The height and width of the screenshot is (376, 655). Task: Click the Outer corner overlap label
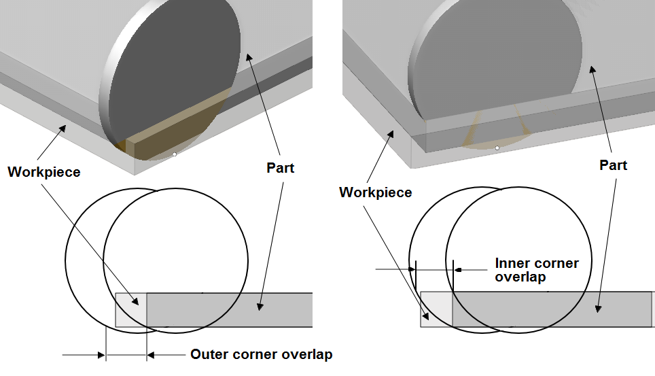261,354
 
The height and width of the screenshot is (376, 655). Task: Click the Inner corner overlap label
537,270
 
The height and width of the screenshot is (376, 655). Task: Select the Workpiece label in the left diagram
43,172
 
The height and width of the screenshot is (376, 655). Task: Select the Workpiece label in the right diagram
375,192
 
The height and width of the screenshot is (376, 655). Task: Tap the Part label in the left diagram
281,167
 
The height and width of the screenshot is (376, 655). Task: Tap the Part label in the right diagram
613,165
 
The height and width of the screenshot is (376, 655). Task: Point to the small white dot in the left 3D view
175,155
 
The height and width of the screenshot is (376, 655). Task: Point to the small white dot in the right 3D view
497,148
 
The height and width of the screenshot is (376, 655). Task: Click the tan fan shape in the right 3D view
495,133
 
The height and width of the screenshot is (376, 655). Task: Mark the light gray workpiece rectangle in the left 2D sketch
130,310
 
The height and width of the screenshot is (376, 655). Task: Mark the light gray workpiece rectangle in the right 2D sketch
436,309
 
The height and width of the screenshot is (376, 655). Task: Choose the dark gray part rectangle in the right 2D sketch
550,309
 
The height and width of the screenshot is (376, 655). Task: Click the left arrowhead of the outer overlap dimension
101,354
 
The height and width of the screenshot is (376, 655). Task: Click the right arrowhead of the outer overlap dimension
152,354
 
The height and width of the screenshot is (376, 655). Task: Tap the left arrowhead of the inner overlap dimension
411,269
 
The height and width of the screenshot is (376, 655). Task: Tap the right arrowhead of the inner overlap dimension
458,269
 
